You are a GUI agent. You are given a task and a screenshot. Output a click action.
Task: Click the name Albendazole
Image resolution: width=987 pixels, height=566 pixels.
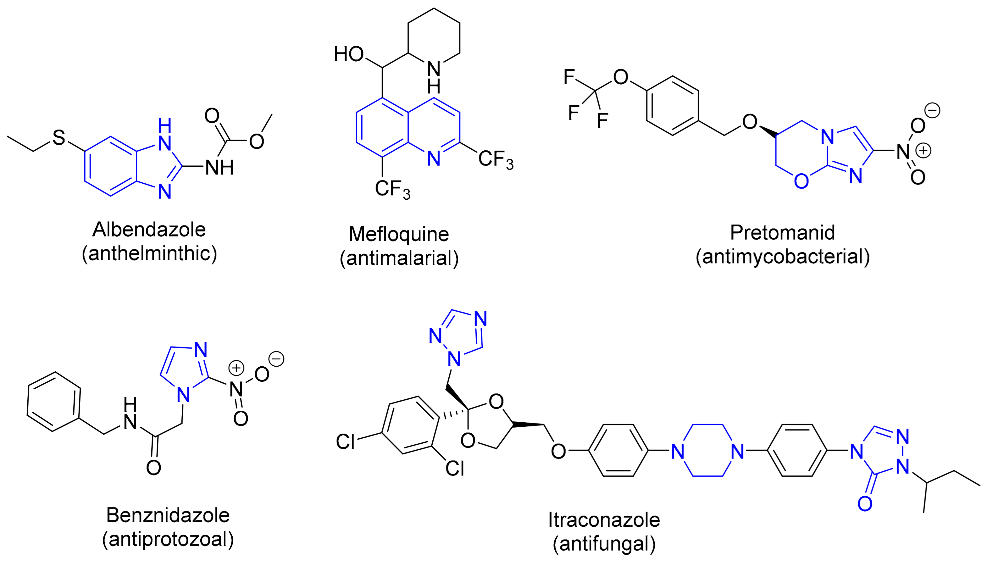tap(149, 229)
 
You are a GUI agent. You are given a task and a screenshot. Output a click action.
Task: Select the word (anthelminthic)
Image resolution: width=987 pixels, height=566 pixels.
tap(149, 254)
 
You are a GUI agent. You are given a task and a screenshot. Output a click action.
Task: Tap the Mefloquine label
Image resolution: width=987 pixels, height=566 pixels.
tap(399, 234)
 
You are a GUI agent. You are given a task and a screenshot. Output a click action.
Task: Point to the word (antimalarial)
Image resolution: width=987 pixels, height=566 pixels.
tap(399, 258)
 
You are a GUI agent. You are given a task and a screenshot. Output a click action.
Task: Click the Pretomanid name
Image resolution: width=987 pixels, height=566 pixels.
tap(782, 233)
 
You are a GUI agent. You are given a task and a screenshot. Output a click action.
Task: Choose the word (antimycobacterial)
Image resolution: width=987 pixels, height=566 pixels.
tap(782, 256)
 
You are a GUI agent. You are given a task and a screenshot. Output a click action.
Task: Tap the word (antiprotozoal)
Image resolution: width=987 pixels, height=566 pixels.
tap(168, 539)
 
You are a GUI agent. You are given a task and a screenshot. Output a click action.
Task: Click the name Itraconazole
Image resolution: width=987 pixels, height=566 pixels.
tap(604, 519)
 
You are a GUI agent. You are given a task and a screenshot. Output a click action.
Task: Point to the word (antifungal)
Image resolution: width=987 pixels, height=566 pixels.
tap(604, 544)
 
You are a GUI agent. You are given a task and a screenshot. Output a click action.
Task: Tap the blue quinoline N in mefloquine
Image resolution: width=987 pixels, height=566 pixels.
tap(434, 158)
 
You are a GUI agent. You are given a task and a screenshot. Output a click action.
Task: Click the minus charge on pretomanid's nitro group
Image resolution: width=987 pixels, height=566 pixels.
tap(932, 110)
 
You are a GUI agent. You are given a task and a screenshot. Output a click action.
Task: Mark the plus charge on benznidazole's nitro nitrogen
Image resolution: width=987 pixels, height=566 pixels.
tap(236, 368)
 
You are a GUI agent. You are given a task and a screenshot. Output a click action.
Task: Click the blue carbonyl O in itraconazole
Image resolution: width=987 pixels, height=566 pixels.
tap(865, 504)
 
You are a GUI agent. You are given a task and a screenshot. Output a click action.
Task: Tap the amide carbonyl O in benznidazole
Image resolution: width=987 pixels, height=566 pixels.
tap(153, 468)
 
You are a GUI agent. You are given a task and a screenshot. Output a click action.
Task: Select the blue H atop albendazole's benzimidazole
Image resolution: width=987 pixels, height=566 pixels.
tap(164, 126)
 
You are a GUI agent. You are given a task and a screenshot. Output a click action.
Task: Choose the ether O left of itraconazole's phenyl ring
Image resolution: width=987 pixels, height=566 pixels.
tap(558, 451)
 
